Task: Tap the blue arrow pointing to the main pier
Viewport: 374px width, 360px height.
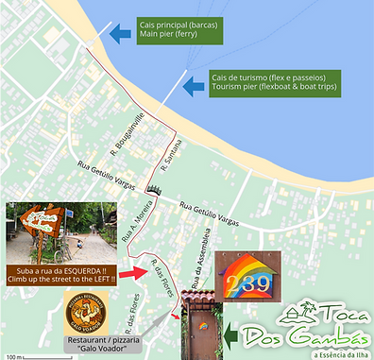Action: coord(120,35)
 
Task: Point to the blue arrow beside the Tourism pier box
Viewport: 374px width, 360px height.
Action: coord(195,86)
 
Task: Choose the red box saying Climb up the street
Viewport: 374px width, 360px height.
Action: coord(62,275)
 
